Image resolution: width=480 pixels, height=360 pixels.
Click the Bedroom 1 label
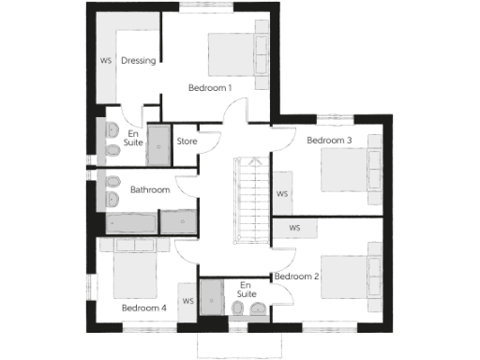[x=210, y=87]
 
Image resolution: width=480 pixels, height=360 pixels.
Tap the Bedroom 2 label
[x=297, y=277]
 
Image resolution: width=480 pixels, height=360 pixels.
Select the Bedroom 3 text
[x=329, y=141]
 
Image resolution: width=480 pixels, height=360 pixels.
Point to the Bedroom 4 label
[x=144, y=307]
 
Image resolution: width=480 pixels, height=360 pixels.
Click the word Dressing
[x=138, y=62]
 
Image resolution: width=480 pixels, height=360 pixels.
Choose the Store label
[x=187, y=142]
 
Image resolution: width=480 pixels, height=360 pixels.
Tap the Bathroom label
[x=150, y=189]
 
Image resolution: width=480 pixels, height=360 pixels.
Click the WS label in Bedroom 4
[x=188, y=301]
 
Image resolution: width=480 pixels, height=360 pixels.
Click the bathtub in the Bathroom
[x=131, y=222]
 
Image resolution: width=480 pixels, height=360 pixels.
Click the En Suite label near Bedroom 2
[x=247, y=289]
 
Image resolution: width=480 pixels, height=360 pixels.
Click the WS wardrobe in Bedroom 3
[x=282, y=195]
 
